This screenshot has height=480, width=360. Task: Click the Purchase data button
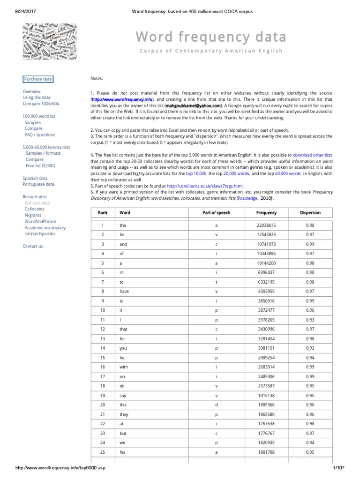38,79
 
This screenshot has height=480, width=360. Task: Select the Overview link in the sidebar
31,91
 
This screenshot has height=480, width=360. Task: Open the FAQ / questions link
39,135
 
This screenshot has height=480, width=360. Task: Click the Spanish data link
35,178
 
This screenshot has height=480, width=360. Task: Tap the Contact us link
32,246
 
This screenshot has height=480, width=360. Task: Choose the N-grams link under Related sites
33,215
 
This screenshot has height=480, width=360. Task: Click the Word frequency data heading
210,37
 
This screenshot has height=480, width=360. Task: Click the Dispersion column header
310,212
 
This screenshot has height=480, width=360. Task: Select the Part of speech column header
216,212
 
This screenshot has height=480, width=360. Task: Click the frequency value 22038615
266,225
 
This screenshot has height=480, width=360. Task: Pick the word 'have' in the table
124,291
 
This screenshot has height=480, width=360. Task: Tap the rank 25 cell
103,452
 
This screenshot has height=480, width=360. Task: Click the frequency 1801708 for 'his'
266,452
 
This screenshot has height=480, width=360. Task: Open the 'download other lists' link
313,155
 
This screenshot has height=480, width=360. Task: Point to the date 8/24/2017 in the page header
14,11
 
